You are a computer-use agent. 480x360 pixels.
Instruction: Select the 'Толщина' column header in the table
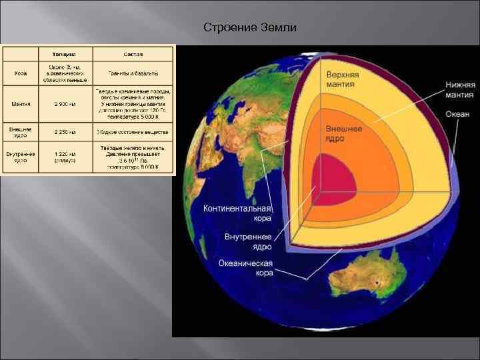[x=65, y=53]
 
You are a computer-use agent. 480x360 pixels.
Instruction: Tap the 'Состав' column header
[x=133, y=53]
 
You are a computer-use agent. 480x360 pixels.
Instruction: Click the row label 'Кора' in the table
[x=21, y=73]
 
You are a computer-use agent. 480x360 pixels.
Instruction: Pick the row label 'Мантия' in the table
[x=21, y=104]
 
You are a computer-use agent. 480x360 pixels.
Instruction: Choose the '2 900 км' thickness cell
[x=65, y=104]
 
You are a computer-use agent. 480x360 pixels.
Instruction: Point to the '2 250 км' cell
[x=65, y=131]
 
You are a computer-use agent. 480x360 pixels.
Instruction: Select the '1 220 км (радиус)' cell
[x=65, y=156]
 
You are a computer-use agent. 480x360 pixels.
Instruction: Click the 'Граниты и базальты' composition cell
[x=133, y=73]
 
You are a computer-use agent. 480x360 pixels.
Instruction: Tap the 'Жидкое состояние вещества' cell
[x=133, y=131]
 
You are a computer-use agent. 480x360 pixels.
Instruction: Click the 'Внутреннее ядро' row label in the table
[x=21, y=156]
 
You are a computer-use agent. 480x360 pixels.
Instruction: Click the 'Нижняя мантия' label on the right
[x=461, y=90]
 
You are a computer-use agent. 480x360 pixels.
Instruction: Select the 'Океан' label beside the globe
[x=458, y=114]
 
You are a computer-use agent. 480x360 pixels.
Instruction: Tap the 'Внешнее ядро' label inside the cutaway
[x=344, y=133]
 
